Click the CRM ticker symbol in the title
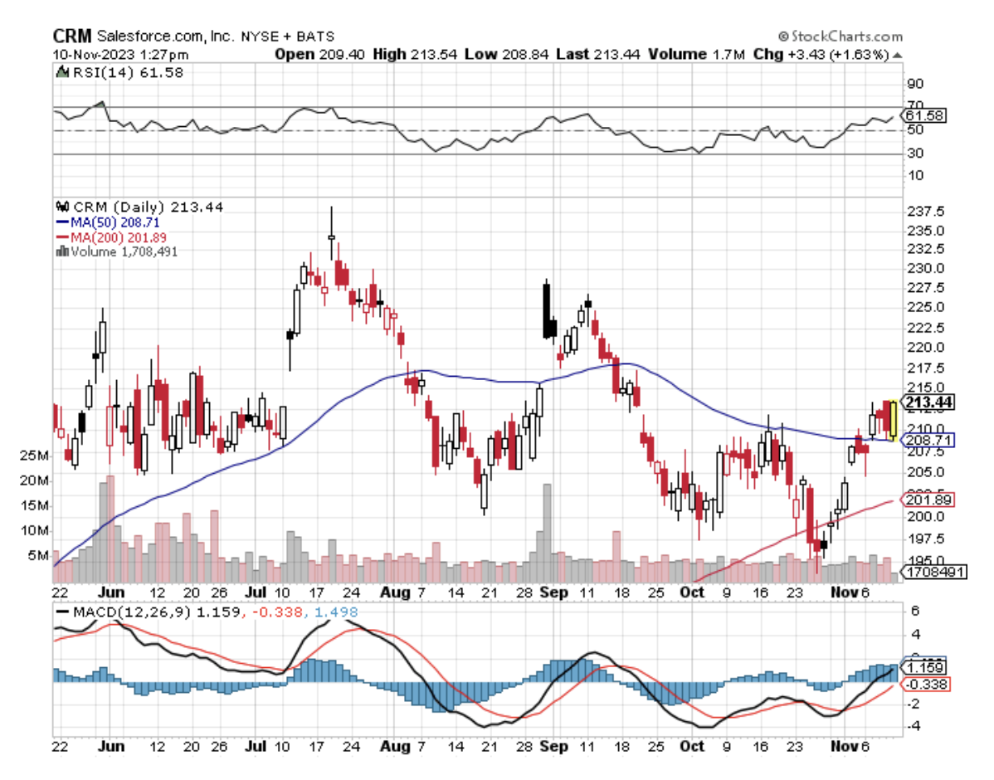coord(72,37)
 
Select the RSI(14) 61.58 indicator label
coord(125,72)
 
